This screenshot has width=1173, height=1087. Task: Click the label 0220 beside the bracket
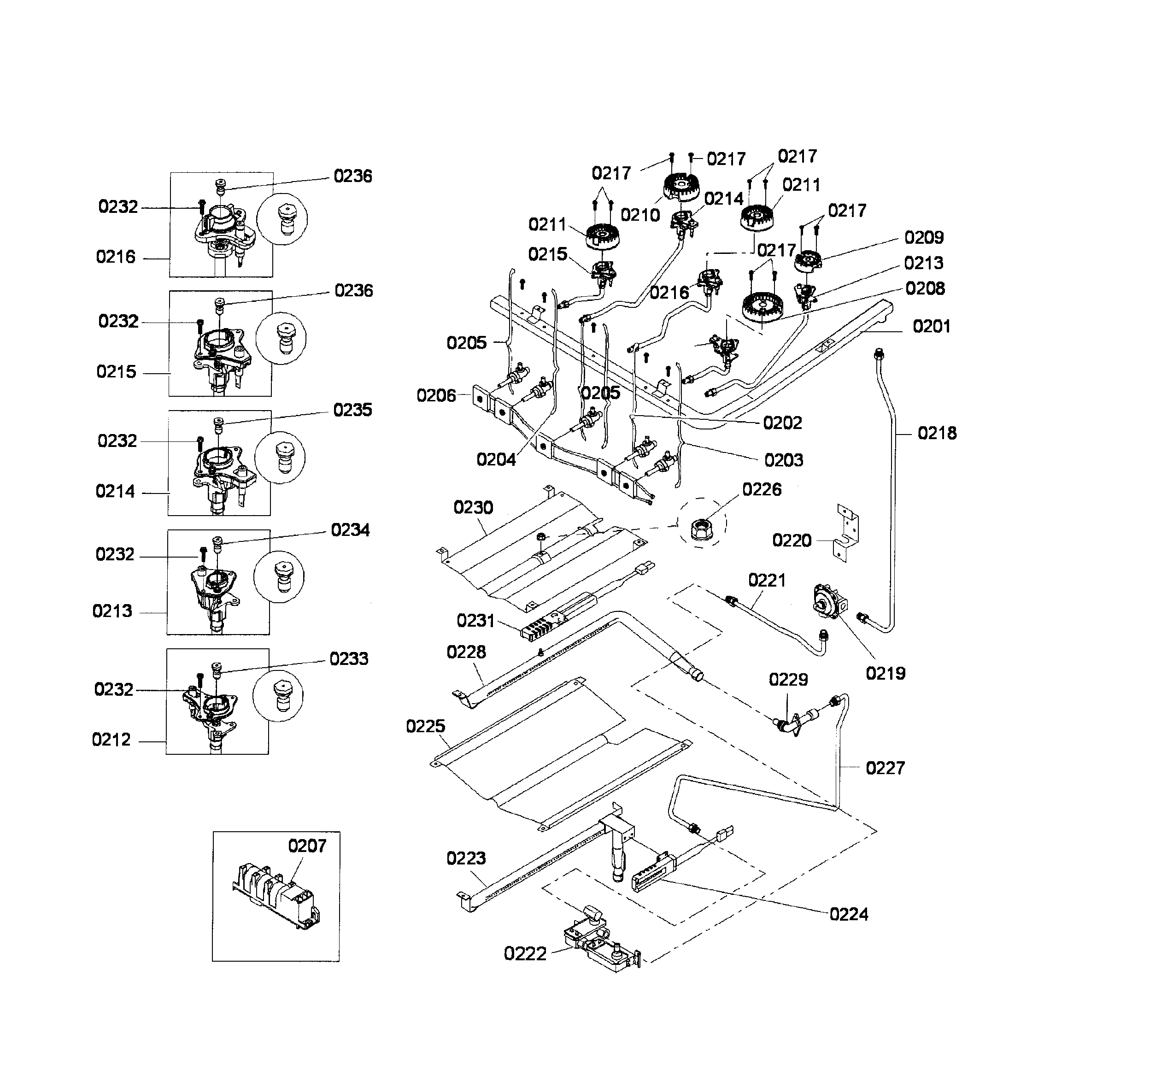click(x=792, y=540)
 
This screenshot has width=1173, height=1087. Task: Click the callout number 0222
click(x=524, y=953)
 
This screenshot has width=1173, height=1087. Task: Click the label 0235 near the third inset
click(x=352, y=410)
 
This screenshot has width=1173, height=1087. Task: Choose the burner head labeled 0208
click(x=762, y=308)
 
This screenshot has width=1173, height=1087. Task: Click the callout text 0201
click(x=931, y=326)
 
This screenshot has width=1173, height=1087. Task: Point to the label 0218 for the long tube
click(x=937, y=434)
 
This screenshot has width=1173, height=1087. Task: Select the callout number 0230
click(x=473, y=507)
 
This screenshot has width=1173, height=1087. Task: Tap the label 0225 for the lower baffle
click(x=425, y=726)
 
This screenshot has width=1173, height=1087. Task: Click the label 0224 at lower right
click(x=849, y=914)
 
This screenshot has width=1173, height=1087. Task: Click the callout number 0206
click(x=436, y=396)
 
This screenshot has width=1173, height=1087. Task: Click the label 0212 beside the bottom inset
click(x=111, y=740)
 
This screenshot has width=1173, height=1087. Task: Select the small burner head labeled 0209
click(x=807, y=260)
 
